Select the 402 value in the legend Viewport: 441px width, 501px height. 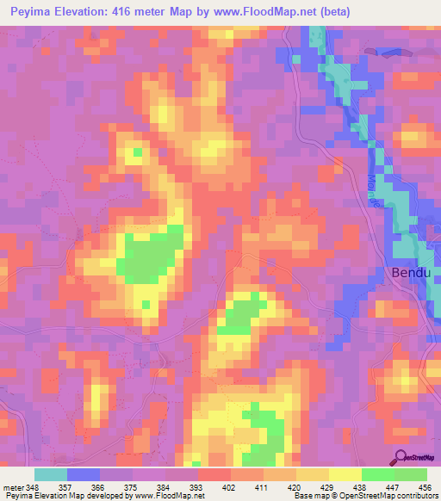(x=230, y=487)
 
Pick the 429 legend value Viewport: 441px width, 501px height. (x=328, y=487)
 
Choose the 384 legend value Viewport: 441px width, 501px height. (x=165, y=487)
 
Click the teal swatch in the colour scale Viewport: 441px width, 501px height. (x=51, y=474)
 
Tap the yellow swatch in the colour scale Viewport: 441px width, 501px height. (x=345, y=474)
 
